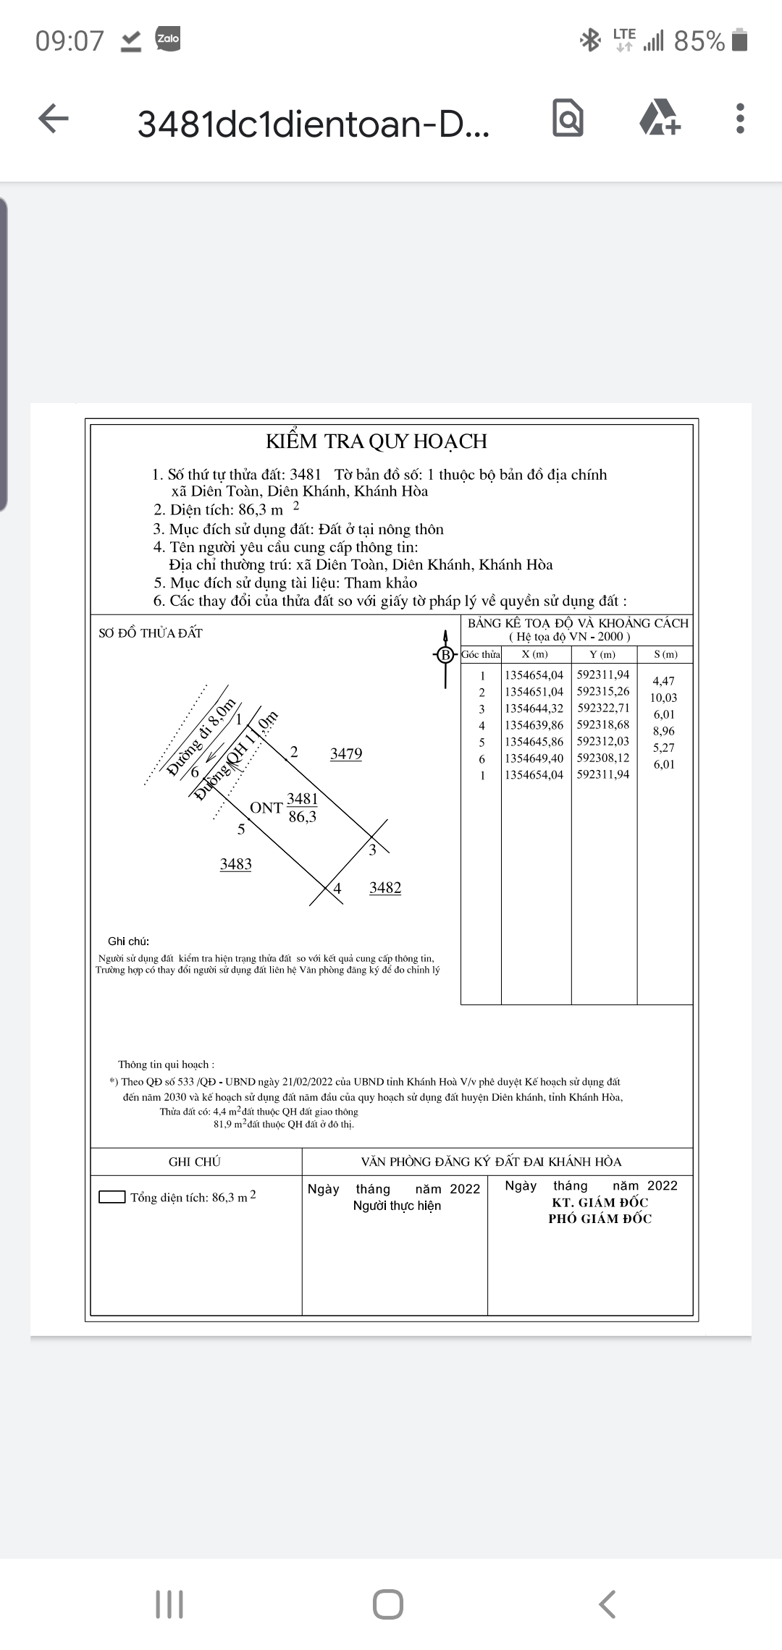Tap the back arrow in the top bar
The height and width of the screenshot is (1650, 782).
[54, 119]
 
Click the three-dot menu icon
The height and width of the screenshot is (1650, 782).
[739, 119]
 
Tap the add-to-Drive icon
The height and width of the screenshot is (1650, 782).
[660, 119]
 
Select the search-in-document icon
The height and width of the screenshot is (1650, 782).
[568, 119]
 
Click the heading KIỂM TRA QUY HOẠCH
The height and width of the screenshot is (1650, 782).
[376, 441]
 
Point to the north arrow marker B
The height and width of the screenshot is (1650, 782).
[445, 656]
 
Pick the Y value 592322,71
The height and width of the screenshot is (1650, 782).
[603, 708]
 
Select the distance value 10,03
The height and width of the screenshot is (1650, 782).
[663, 698]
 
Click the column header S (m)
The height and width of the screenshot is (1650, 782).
[665, 654]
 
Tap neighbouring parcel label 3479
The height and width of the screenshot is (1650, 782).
[346, 754]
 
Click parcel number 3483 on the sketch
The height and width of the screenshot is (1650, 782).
[236, 864]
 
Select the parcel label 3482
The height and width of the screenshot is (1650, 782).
[385, 888]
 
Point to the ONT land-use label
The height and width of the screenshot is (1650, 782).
[266, 808]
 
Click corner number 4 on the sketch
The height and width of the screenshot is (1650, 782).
[337, 889]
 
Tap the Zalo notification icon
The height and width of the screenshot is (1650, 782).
[168, 38]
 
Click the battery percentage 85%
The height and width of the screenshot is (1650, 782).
[699, 41]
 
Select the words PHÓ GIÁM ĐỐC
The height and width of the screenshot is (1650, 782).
[600, 1219]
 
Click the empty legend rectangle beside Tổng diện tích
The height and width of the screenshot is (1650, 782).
[112, 1197]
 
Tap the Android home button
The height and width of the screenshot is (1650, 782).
[388, 1604]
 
